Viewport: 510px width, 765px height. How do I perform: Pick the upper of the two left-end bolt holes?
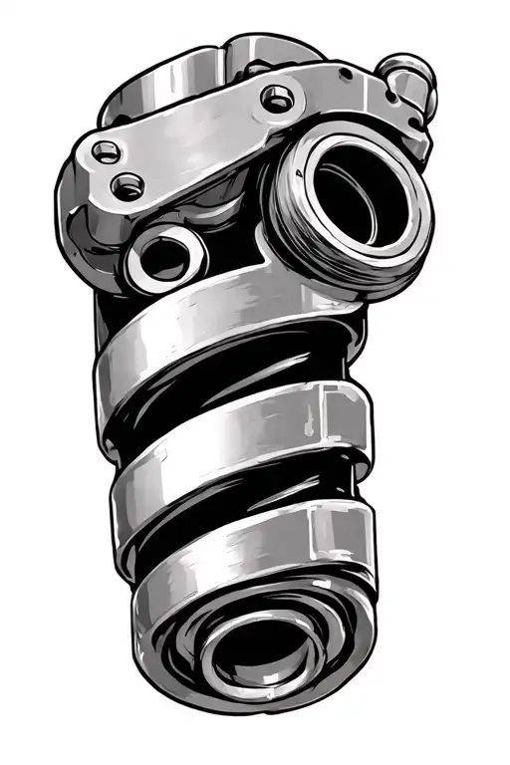[105, 151]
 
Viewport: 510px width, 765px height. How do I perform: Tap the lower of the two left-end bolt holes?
[127, 184]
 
